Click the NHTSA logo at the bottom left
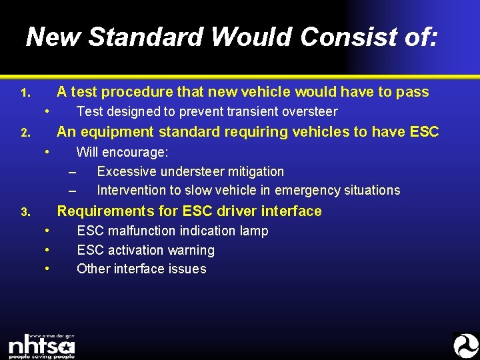point(41,345)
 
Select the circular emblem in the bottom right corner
point(465,345)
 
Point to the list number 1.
point(24,93)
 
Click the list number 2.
point(24,133)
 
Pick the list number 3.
point(24,213)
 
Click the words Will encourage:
point(122,152)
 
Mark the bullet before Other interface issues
point(47,268)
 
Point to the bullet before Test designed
point(47,110)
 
